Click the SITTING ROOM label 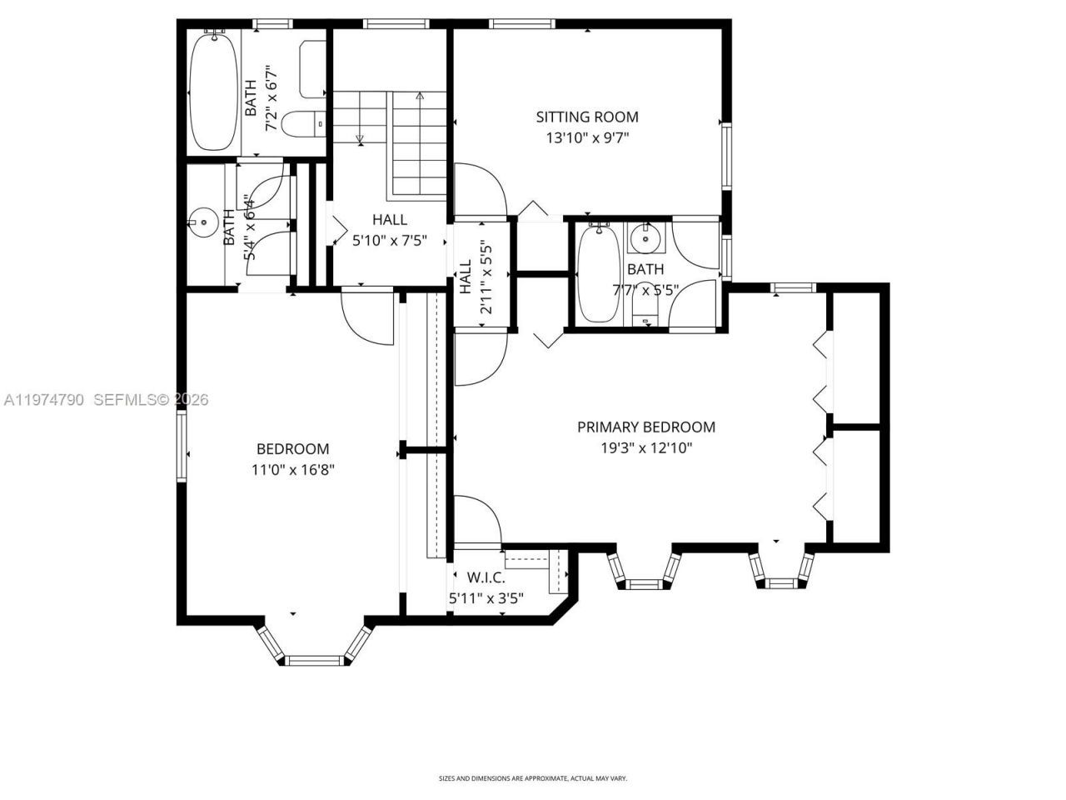[x=586, y=117]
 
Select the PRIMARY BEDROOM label [x=646, y=427]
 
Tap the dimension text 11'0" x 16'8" [x=292, y=470]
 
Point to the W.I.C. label [x=486, y=577]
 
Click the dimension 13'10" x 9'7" [x=586, y=138]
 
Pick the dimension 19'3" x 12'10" [x=646, y=448]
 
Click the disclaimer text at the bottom [x=532, y=778]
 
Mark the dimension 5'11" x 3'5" [x=486, y=597]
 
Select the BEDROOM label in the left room [x=292, y=449]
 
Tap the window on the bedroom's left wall [x=181, y=447]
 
